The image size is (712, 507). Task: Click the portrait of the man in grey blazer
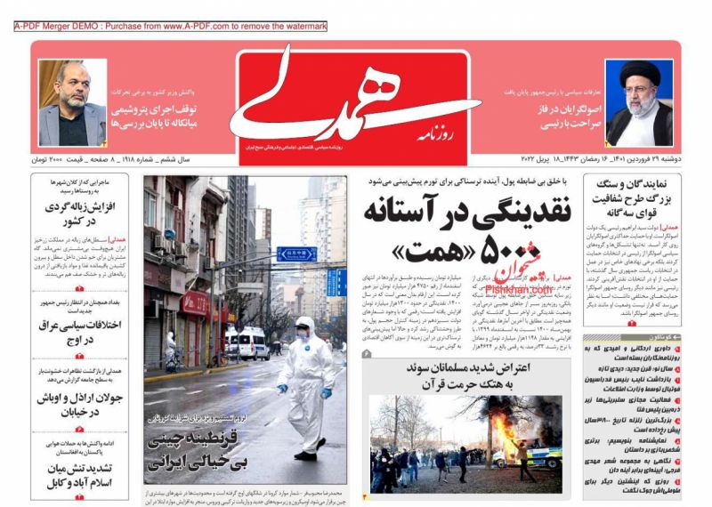click(71, 103)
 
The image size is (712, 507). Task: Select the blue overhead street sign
click(297, 253)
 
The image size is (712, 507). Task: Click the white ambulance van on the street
click(251, 342)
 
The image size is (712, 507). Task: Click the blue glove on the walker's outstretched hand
click(282, 388)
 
